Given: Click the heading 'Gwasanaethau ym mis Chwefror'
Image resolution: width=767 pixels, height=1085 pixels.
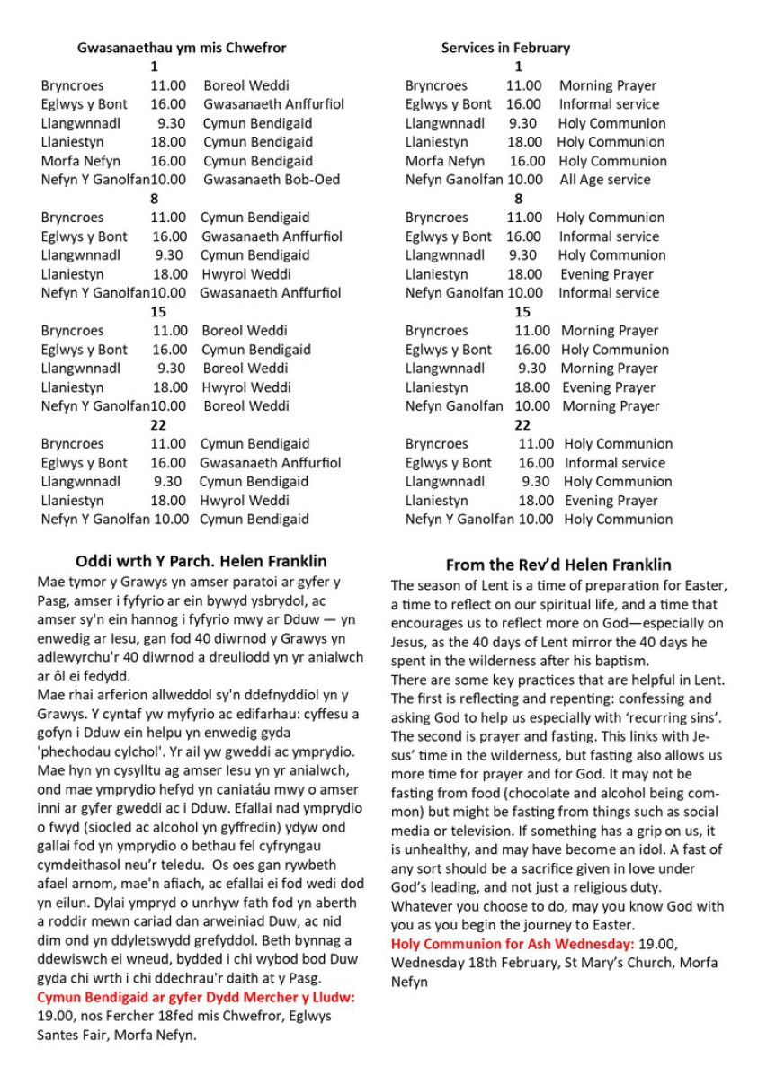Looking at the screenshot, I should click(182, 48).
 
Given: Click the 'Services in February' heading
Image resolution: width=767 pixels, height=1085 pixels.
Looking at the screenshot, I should click(505, 48).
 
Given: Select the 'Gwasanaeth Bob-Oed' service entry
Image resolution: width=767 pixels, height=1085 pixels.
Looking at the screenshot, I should click(272, 180).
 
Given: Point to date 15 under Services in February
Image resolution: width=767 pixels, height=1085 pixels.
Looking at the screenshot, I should click(522, 312).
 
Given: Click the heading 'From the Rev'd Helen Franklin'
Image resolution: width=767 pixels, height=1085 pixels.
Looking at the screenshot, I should click(558, 565).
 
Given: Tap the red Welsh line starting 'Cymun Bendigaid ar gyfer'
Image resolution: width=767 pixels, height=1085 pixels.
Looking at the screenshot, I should click(196, 997).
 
